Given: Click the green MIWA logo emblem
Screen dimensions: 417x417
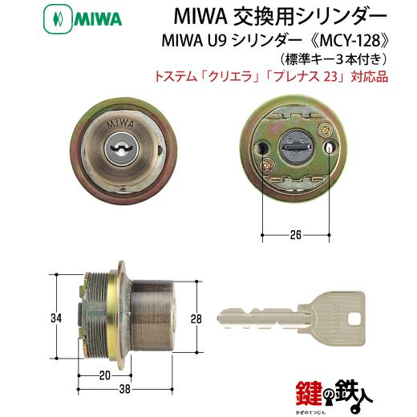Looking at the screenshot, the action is pos(58,19).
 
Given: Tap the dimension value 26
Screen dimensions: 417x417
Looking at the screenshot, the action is pos(295,235).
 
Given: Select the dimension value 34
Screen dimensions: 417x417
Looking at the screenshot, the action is pos(56,318).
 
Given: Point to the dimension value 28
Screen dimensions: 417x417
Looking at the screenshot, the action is pos(196,319).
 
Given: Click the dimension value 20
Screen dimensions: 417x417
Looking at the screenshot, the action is pos(105,375).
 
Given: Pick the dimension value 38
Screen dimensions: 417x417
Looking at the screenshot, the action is pos(125,389).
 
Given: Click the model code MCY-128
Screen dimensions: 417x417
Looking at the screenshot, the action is pos(350,41).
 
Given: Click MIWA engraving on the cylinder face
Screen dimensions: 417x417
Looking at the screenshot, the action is pos(120,124).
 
